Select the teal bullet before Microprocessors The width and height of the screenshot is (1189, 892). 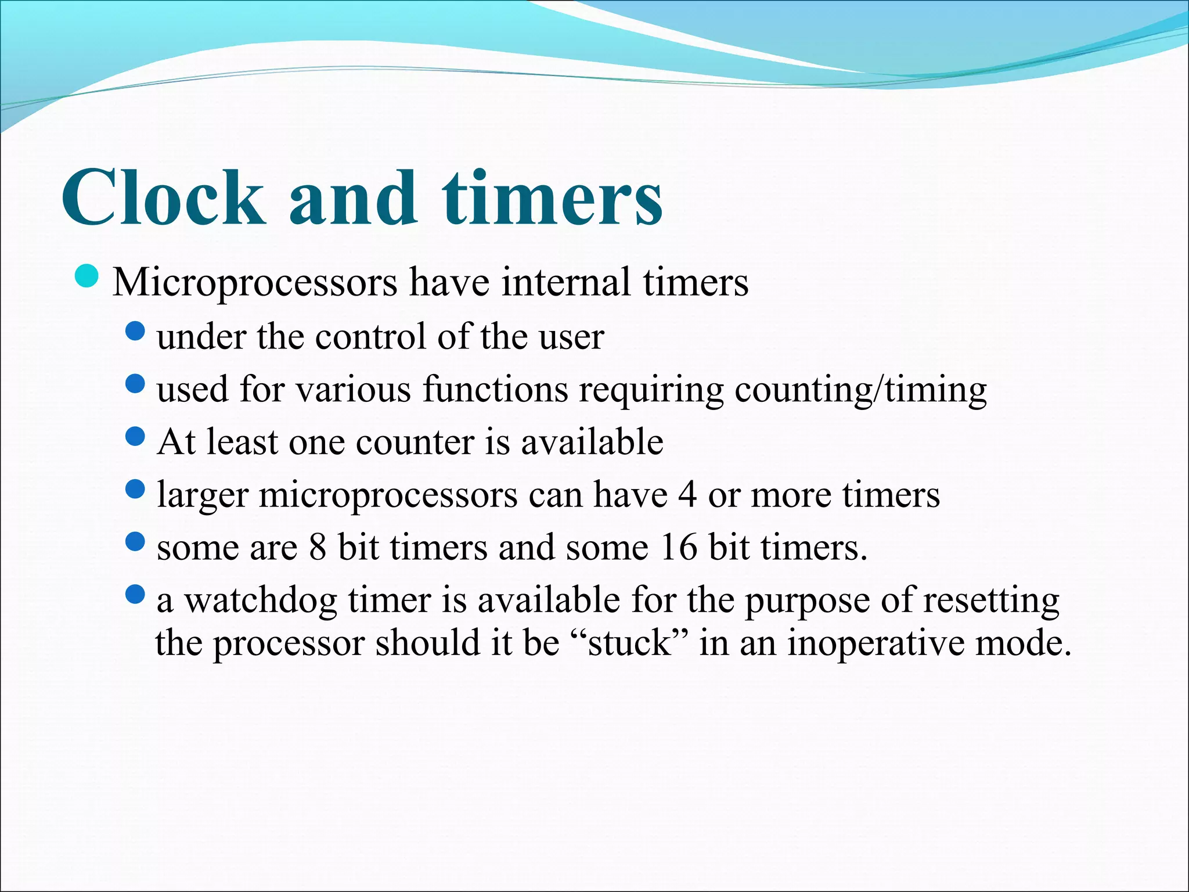[x=88, y=276]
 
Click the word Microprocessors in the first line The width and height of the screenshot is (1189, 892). [x=255, y=283]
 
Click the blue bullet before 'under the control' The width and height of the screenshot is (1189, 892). [x=135, y=332]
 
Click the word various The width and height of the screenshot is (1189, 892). [x=354, y=389]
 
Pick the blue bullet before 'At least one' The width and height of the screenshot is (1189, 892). [x=135, y=436]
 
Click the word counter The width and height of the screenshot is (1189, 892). [x=415, y=442]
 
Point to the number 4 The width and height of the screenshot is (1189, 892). [x=687, y=495]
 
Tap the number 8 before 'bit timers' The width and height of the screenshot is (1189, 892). [x=318, y=547]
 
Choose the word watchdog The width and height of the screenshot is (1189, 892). [x=261, y=601]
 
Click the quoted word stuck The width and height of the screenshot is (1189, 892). [x=629, y=643]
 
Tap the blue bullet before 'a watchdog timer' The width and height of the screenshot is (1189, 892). [x=135, y=594]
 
